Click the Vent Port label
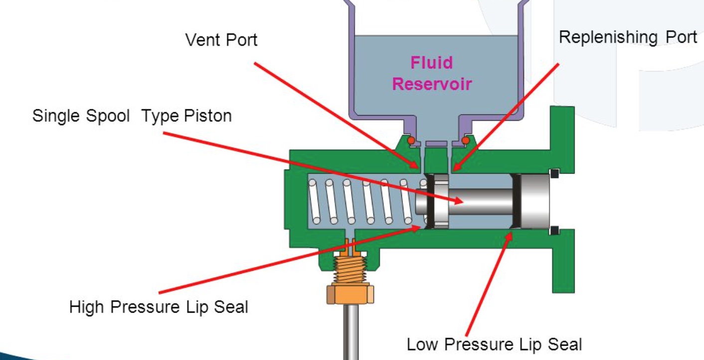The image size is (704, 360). (221, 40)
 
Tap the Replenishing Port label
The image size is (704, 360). (627, 37)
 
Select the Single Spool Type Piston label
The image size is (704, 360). (132, 116)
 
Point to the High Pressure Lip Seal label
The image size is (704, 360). (159, 307)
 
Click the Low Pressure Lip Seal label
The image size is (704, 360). (494, 345)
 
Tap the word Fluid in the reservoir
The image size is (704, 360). (431, 63)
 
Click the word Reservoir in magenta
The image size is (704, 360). (431, 84)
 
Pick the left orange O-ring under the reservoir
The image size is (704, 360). (410, 141)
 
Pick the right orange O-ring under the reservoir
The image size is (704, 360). (466, 141)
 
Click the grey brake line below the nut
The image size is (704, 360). (352, 332)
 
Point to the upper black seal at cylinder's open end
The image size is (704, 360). (554, 174)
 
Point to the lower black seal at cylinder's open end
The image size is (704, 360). (554, 230)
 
